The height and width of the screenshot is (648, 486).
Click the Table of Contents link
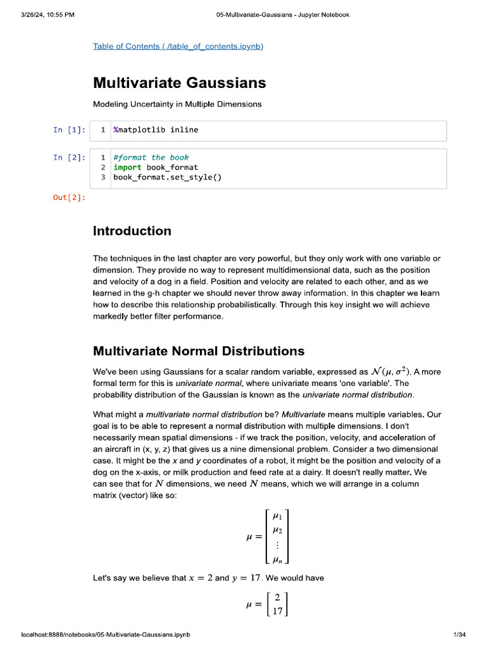coord(178,46)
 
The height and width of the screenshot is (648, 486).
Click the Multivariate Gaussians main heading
coord(179,83)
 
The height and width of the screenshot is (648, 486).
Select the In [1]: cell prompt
coord(69,130)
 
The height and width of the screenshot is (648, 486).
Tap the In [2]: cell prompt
coord(69,158)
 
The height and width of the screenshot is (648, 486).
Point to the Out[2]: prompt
coord(69,197)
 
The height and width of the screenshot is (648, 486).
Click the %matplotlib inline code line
coord(156,130)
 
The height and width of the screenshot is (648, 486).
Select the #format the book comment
coord(151,158)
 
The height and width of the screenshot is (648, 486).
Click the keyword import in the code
coord(127,167)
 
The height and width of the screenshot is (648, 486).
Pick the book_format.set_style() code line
coord(168,177)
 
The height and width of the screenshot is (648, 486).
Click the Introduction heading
coord(132,231)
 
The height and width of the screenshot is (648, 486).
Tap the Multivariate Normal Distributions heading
coord(198,351)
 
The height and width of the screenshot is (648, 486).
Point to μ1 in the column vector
coord(277,516)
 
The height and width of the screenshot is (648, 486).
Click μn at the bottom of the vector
coord(277,559)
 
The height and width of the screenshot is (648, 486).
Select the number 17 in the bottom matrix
coord(277,611)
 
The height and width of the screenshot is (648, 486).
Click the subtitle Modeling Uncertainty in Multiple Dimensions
coord(177,104)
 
